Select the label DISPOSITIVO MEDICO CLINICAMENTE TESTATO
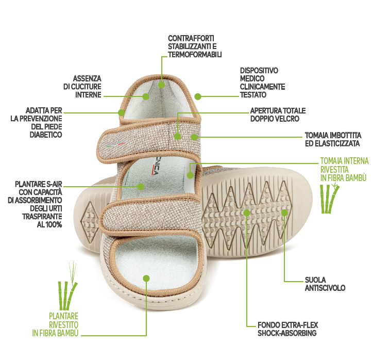click(x=262, y=83)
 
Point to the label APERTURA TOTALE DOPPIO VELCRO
click(x=278, y=115)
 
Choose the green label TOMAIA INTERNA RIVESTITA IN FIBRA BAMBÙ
click(x=343, y=169)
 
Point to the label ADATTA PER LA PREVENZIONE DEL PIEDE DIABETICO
click(x=44, y=123)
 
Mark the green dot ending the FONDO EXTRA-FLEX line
click(x=247, y=212)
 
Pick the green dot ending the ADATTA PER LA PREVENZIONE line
click(x=122, y=112)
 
